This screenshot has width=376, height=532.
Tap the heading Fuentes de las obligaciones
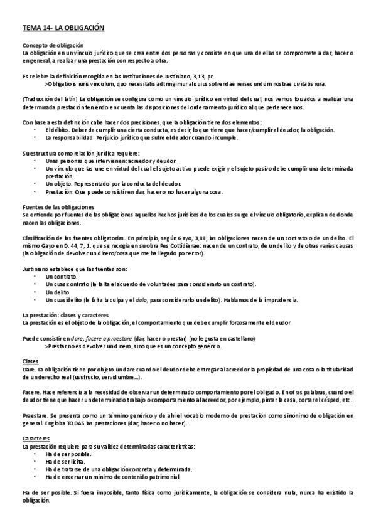coord(58,206)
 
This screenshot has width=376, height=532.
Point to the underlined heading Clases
coord(30,362)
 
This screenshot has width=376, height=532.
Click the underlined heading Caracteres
coord(35,439)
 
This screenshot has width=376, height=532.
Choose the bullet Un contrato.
coord(62,276)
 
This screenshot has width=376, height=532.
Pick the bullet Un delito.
coord(58,292)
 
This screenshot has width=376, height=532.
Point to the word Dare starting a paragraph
coord(29,371)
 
